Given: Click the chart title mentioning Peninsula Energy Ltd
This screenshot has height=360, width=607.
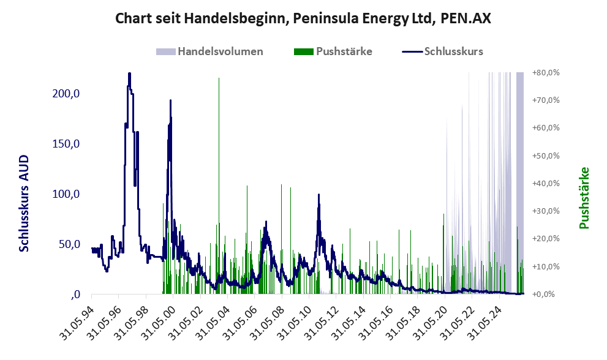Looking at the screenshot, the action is [303, 18].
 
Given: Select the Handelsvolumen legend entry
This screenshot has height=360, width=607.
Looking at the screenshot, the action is [209, 51].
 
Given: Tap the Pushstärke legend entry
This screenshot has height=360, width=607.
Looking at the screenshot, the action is [333, 51].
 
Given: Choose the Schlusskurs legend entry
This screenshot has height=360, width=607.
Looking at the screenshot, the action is [442, 51].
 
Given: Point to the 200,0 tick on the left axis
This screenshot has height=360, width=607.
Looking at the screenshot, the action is [66, 93].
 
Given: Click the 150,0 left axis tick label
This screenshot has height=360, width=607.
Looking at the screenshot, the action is [66, 144].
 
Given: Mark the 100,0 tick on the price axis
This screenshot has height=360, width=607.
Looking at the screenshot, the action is [66, 194].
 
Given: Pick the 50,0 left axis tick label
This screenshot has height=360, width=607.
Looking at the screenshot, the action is [69, 244].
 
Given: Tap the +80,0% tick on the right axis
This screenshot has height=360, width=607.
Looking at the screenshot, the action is [546, 72].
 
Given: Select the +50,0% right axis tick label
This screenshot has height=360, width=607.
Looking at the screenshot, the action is [546, 156].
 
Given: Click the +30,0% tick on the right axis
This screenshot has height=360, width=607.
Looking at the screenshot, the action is [546, 211].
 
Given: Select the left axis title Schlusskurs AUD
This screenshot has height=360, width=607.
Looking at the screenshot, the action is [24, 203].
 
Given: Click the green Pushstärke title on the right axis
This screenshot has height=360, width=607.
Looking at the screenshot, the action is [584, 198].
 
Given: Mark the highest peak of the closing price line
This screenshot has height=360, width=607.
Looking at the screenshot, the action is [129, 73].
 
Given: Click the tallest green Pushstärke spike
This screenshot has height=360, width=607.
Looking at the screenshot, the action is [219, 186].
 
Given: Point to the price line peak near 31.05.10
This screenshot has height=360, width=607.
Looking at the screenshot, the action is [319, 195].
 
